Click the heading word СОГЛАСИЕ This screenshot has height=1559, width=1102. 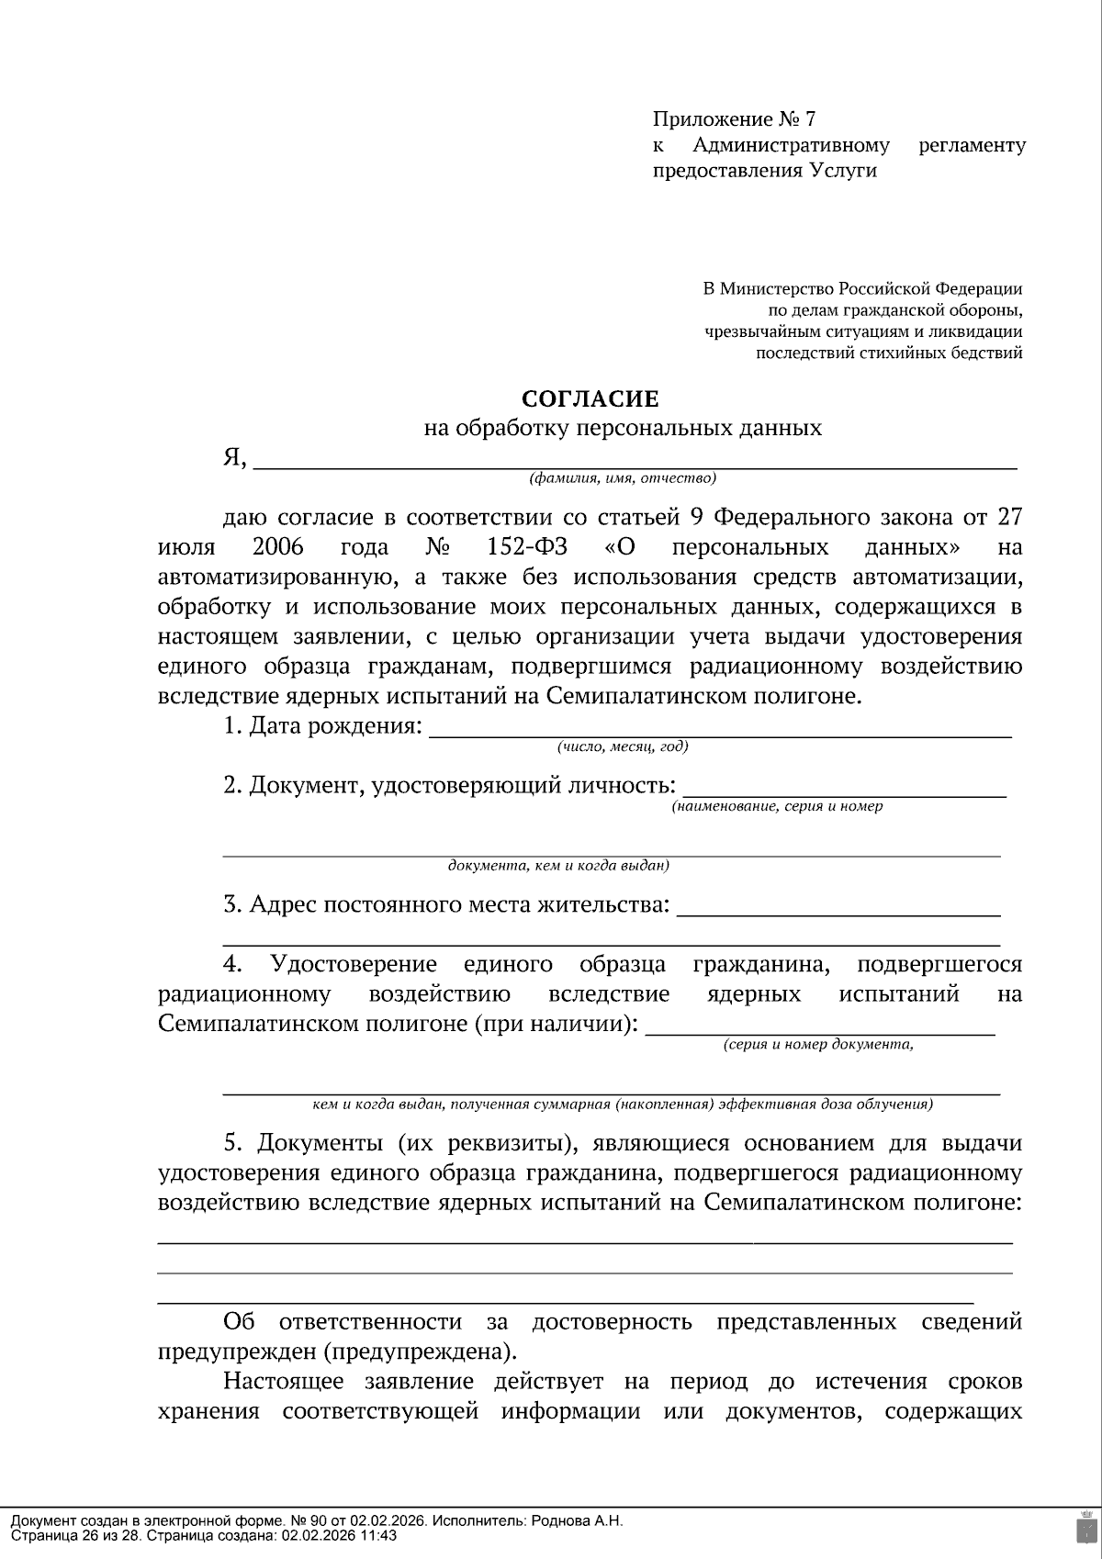(x=590, y=398)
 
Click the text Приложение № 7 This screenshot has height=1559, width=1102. (x=734, y=119)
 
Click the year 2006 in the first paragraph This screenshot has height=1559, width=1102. (x=277, y=548)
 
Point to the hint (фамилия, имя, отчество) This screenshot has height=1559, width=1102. (x=623, y=478)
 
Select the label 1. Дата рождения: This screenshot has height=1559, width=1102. (x=323, y=726)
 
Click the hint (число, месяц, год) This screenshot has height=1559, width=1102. (x=623, y=746)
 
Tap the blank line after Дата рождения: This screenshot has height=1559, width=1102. (x=721, y=731)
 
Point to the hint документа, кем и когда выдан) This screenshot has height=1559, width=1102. (x=558, y=866)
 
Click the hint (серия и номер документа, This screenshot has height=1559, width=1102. (x=818, y=1045)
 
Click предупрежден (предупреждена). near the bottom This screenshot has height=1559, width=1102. (x=337, y=1352)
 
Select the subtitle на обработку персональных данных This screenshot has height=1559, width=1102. (x=622, y=428)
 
